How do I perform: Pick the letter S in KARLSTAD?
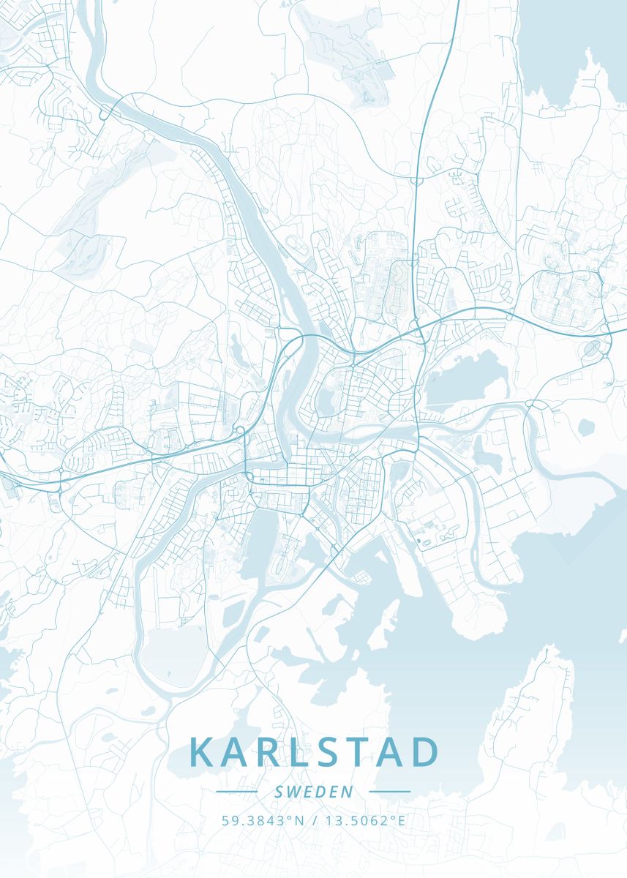339,752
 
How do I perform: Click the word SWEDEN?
313,792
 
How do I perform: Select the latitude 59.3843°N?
262,820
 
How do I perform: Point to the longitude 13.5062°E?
364,820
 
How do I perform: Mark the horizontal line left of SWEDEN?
237,792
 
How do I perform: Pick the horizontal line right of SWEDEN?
389,792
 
